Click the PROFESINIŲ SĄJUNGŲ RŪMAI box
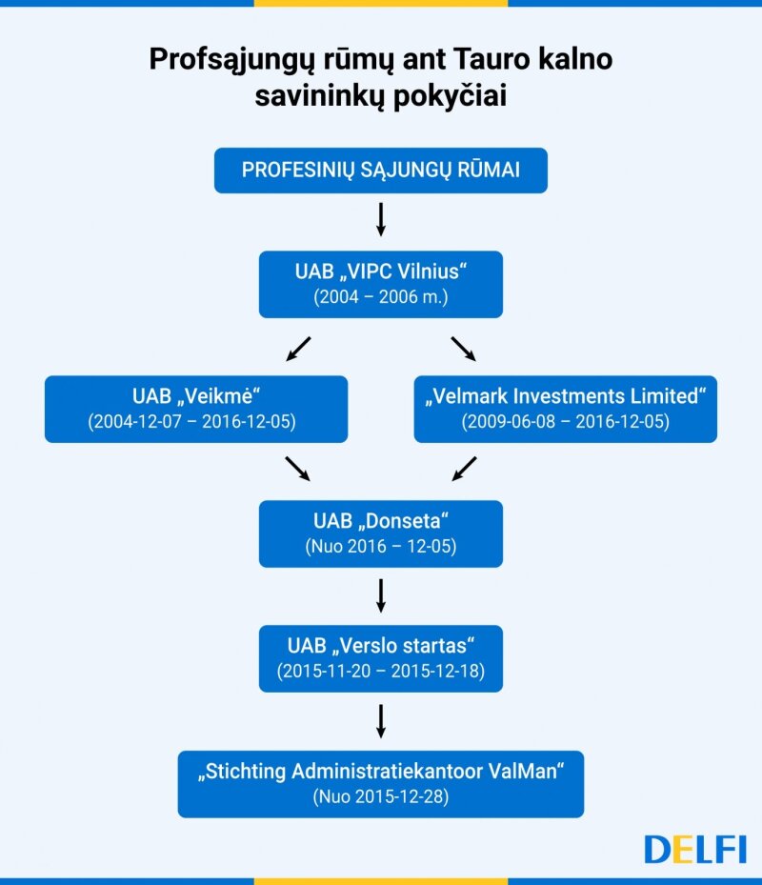click(x=380, y=171)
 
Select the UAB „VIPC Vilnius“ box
click(x=380, y=285)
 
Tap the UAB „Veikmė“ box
click(x=196, y=410)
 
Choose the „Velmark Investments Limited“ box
click(x=566, y=410)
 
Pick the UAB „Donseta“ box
click(x=380, y=533)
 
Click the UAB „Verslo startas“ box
click(x=380, y=658)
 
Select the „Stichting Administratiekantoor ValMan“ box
click(x=380, y=784)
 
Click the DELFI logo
click(x=694, y=849)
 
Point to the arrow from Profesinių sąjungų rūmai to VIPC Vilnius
click(x=381, y=219)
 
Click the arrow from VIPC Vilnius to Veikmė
click(x=298, y=349)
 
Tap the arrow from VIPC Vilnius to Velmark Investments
click(x=464, y=349)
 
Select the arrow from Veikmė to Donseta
click(x=297, y=469)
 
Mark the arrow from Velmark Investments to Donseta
click(x=465, y=469)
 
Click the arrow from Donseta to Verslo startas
click(x=381, y=595)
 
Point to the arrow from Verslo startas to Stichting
click(x=381, y=721)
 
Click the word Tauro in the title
click(x=491, y=59)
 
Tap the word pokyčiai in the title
click(x=450, y=95)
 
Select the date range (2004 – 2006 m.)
click(x=381, y=297)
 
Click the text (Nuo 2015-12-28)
click(x=381, y=796)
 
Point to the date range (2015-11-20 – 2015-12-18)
click(x=381, y=671)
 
